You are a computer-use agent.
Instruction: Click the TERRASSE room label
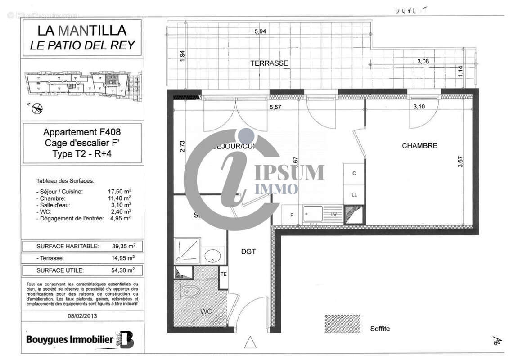click(269, 63)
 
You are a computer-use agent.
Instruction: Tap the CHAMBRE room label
click(419, 146)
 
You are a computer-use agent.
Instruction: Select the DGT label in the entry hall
click(248, 252)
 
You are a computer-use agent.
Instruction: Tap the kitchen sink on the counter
click(313, 214)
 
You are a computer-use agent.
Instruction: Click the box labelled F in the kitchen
click(292, 215)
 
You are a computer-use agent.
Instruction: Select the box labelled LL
click(354, 194)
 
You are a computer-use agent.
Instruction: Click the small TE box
click(223, 274)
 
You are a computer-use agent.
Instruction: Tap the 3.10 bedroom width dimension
click(419, 107)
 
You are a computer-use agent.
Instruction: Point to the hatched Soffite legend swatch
click(342, 324)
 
